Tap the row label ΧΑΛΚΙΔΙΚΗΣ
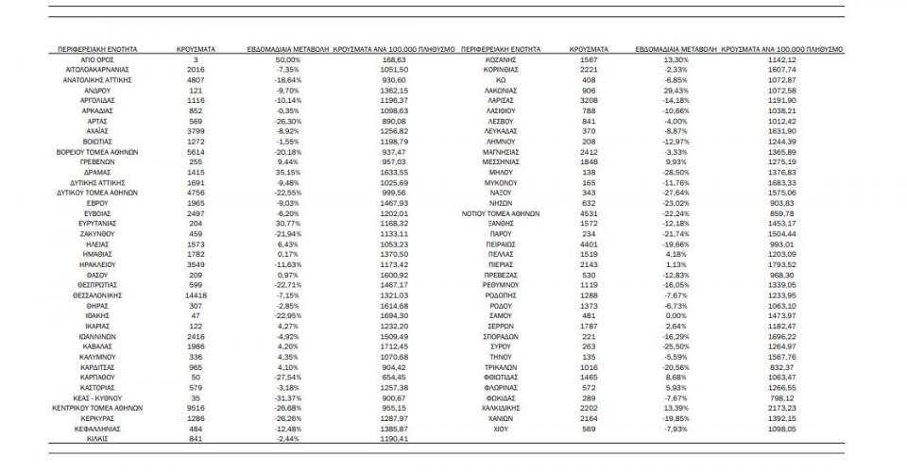pyautogui.click(x=489, y=408)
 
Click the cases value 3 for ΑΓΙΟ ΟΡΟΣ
pyautogui.click(x=196, y=59)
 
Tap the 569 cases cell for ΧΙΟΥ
pyautogui.click(x=589, y=428)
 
